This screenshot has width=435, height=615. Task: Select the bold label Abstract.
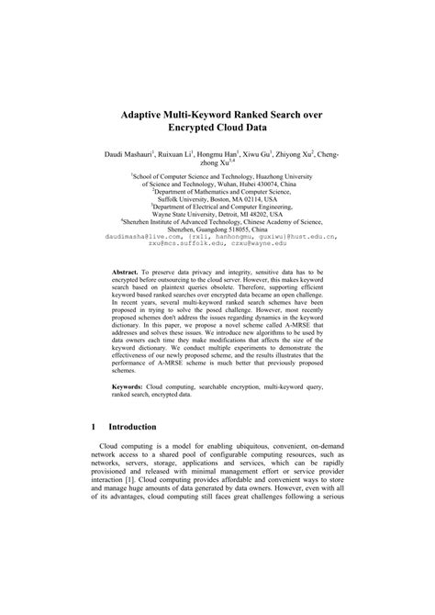click(x=126, y=273)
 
